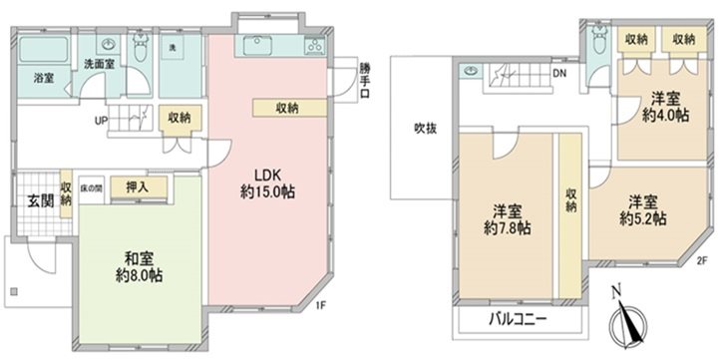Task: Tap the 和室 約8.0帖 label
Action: tap(130, 265)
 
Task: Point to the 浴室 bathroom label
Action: tap(43, 77)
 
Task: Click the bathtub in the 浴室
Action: tap(41, 49)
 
